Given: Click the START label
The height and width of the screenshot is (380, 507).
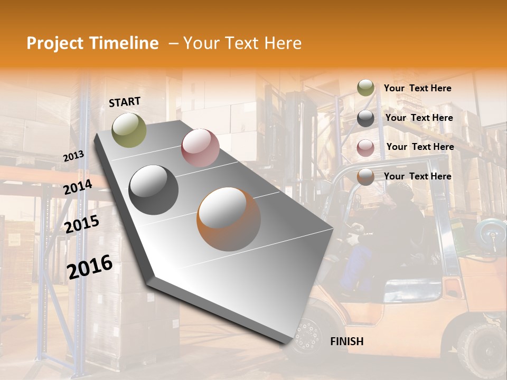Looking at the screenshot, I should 125,102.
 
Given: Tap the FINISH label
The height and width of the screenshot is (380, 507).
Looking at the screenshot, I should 347,341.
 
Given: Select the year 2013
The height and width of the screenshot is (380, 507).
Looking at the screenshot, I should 73,156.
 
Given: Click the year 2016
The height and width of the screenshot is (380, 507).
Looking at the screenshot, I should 90,267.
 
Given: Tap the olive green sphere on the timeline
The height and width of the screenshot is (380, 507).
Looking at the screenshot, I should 129,130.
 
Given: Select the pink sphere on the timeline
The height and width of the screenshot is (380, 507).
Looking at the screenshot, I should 200,148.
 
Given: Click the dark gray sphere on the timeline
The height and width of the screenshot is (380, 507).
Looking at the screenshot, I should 154,190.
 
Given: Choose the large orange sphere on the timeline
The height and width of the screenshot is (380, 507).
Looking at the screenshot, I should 229,219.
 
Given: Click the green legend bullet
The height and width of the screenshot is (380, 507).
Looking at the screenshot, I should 365,88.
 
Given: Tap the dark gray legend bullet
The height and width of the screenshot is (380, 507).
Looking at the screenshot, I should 365,118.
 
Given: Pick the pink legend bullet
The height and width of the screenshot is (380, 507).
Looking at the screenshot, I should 365,147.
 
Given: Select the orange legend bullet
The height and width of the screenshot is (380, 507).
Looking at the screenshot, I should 365,177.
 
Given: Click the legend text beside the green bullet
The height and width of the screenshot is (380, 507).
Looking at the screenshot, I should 418,89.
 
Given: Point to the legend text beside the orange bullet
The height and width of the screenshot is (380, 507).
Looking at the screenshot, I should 418,176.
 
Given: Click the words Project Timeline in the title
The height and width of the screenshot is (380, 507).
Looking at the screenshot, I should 92,43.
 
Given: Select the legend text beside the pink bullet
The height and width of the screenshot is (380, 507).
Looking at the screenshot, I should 420,147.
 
